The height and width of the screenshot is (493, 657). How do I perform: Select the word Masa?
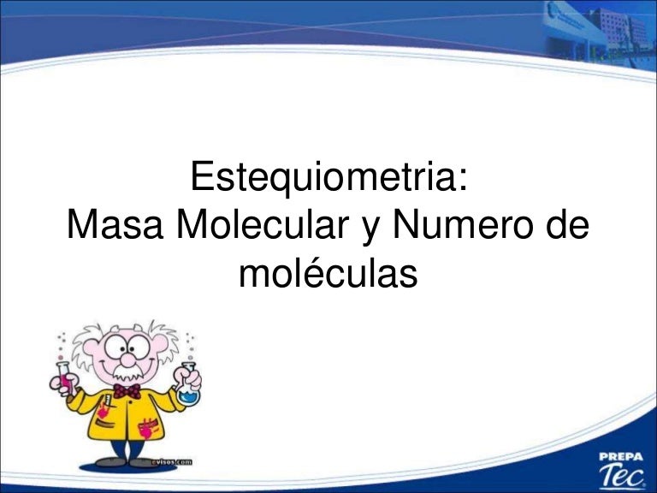115,225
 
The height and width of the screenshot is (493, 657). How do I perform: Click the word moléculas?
328,272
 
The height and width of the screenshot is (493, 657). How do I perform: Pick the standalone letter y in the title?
370,229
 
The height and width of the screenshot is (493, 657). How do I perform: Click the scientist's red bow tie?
127,391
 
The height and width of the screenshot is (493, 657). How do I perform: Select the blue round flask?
187,389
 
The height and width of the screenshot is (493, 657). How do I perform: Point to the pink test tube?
64,377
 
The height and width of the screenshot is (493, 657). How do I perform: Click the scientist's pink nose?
127,359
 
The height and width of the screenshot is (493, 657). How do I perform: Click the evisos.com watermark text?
172,462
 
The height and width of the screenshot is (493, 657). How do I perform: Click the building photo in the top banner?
599,32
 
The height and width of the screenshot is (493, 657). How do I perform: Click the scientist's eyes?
127,347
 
